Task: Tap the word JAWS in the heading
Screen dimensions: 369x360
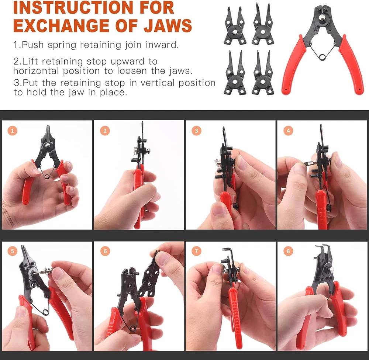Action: [x=168, y=25]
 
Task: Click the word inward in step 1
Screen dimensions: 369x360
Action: [x=162, y=45]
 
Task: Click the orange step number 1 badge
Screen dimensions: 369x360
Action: [x=12, y=131]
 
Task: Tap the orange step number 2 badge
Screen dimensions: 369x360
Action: [x=105, y=131]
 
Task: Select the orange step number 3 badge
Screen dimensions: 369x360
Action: [x=197, y=131]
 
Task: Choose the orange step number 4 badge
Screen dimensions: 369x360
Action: [x=288, y=131]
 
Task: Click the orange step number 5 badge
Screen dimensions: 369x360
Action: [x=12, y=251]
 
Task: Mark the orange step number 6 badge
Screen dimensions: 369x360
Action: [x=105, y=251]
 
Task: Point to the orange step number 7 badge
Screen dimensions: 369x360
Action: [x=197, y=251]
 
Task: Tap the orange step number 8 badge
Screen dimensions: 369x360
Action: [x=288, y=251]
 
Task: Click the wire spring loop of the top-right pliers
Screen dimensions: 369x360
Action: [x=322, y=56]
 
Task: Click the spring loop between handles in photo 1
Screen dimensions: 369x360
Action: [x=46, y=175]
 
